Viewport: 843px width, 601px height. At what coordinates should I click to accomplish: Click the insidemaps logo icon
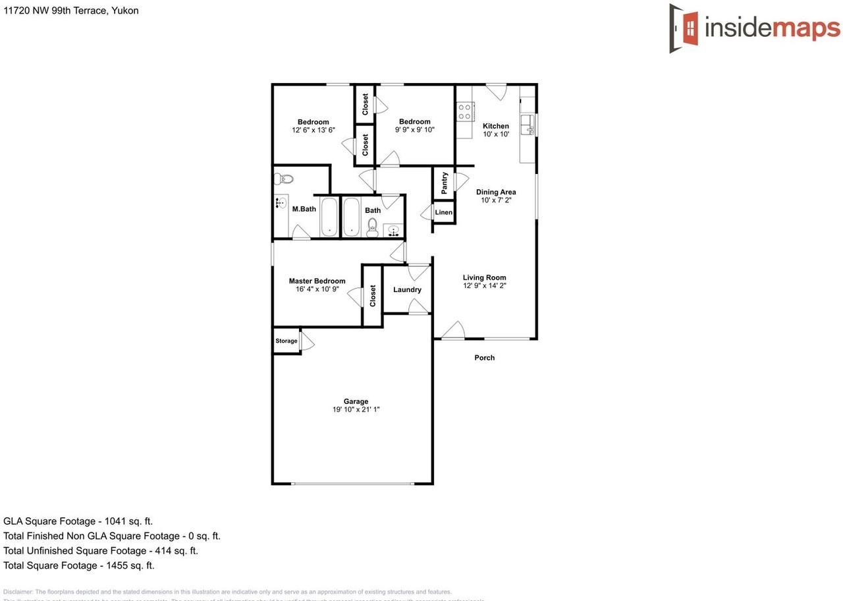point(684,28)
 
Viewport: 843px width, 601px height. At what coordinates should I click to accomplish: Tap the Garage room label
point(356,401)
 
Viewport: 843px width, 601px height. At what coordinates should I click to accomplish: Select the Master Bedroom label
point(317,281)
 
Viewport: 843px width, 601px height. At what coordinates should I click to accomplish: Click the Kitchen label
point(496,126)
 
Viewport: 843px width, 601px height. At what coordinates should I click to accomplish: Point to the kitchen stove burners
point(465,111)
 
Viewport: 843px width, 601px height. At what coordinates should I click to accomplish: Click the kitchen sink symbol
point(528,124)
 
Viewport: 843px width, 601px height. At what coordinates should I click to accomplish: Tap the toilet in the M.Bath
point(284,178)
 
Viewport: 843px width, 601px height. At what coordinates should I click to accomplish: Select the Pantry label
point(445,183)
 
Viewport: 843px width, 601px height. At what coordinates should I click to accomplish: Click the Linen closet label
point(444,212)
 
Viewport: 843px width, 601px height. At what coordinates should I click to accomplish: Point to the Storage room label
point(286,341)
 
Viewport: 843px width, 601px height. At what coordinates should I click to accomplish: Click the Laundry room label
point(407,289)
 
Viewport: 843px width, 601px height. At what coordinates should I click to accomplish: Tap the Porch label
point(485,358)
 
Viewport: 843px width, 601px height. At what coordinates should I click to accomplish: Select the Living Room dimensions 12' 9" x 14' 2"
point(484,286)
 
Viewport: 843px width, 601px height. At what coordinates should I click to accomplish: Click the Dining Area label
point(496,192)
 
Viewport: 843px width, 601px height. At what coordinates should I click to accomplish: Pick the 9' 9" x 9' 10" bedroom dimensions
point(415,130)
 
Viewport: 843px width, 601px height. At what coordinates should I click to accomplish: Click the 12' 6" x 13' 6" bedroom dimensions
point(313,130)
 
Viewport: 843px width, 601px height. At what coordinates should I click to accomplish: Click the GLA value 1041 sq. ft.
point(128,521)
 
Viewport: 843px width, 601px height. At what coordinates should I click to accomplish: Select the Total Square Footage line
point(79,565)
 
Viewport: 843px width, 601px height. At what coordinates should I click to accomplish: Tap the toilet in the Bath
point(372,227)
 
